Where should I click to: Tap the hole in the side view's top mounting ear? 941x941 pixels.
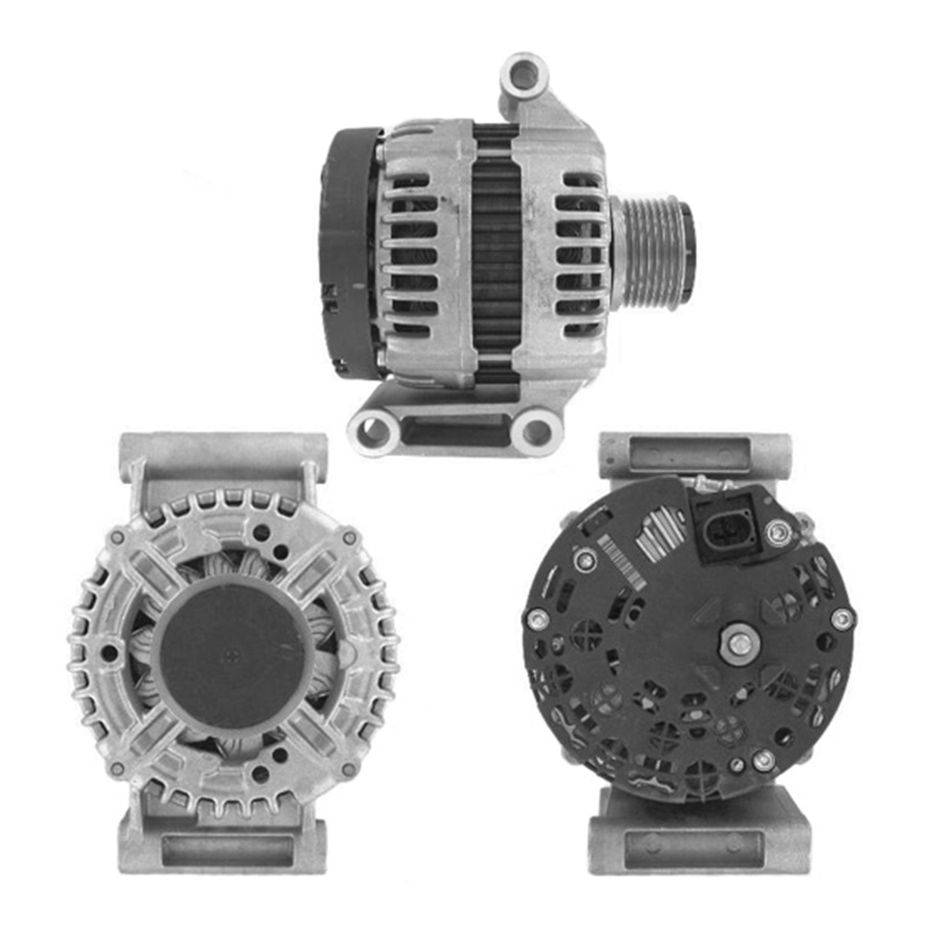click(524, 74)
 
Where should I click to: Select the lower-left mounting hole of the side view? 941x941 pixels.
click(374, 430)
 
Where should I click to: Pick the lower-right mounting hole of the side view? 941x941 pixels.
click(537, 431)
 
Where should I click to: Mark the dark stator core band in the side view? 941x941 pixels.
click(496, 253)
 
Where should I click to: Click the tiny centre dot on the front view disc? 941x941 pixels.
click(232, 653)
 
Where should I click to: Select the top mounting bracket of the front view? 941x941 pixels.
click(223, 455)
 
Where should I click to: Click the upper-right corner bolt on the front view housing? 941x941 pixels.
click(349, 537)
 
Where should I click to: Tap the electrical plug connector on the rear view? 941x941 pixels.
click(729, 528)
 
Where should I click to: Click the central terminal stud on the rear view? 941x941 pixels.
click(739, 642)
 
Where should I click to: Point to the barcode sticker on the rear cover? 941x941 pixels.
click(619, 561)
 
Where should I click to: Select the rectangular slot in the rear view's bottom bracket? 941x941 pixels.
click(694, 849)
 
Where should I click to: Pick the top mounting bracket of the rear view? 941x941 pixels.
click(695, 455)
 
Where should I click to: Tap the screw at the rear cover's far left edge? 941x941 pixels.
click(538, 619)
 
